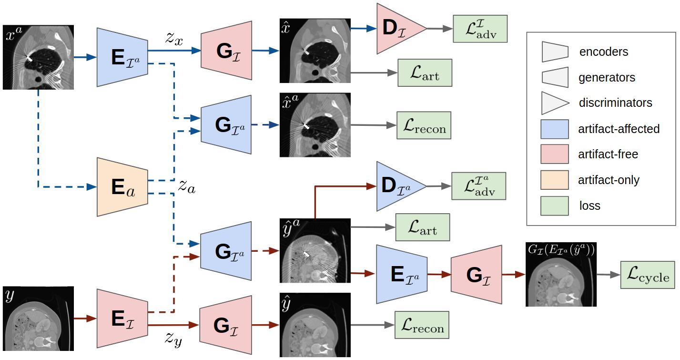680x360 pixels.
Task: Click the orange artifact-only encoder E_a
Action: click(x=122, y=187)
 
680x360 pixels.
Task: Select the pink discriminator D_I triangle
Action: click(x=398, y=29)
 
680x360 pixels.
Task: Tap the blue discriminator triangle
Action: click(x=398, y=186)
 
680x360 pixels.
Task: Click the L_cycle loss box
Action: click(x=648, y=275)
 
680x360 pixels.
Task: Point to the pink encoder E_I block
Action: click(x=122, y=319)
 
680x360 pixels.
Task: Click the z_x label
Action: click(x=174, y=39)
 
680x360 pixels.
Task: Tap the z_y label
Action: click(x=173, y=339)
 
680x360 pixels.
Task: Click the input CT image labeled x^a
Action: click(x=38, y=57)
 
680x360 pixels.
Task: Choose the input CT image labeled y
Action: click(x=38, y=319)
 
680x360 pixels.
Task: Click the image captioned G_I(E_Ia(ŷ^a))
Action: click(x=561, y=274)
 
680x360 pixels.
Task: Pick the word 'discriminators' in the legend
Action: click(x=615, y=103)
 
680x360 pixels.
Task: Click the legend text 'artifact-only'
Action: click(x=609, y=180)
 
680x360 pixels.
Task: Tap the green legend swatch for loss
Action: click(x=554, y=206)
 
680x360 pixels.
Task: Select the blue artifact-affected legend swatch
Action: click(x=554, y=129)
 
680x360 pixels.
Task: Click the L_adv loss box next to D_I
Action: click(x=480, y=29)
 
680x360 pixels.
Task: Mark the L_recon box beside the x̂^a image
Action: click(x=424, y=125)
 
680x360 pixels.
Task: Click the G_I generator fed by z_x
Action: click(x=226, y=51)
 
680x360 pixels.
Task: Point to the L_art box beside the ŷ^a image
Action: click(x=423, y=227)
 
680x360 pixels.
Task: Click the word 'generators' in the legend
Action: click(x=607, y=77)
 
